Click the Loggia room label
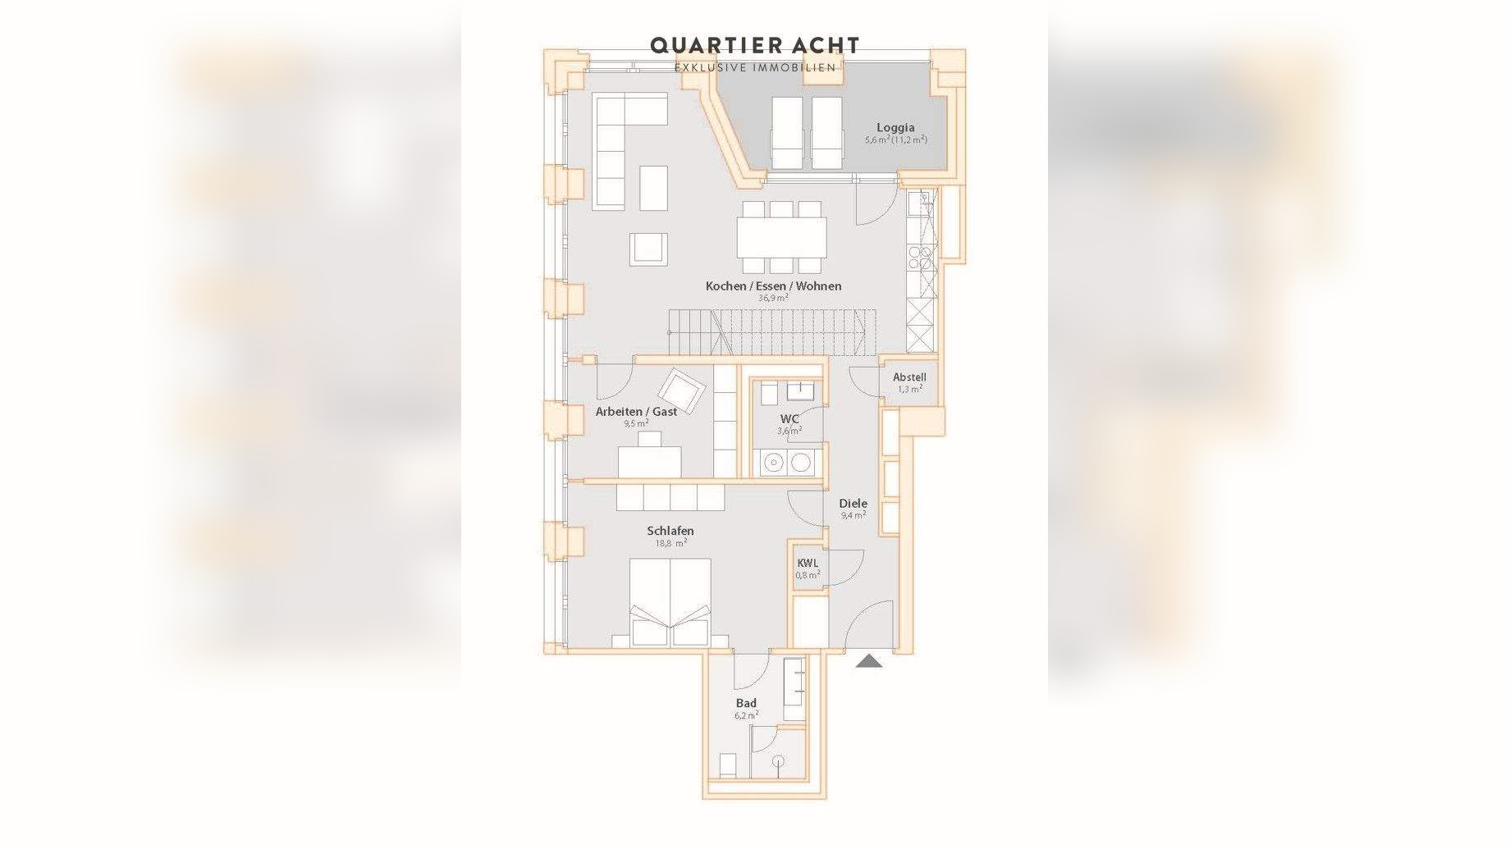[895, 127]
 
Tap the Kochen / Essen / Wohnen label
[773, 286]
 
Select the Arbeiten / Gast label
[636, 412]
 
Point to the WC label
[789, 419]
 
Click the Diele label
[853, 504]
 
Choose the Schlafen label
[670, 531]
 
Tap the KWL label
[808, 564]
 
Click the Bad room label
[746, 703]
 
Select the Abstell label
[909, 377]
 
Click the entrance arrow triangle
[869, 660]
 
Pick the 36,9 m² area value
[773, 299]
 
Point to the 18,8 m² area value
[670, 543]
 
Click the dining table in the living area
[781, 237]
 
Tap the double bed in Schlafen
[670, 603]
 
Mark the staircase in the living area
[771, 332]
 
